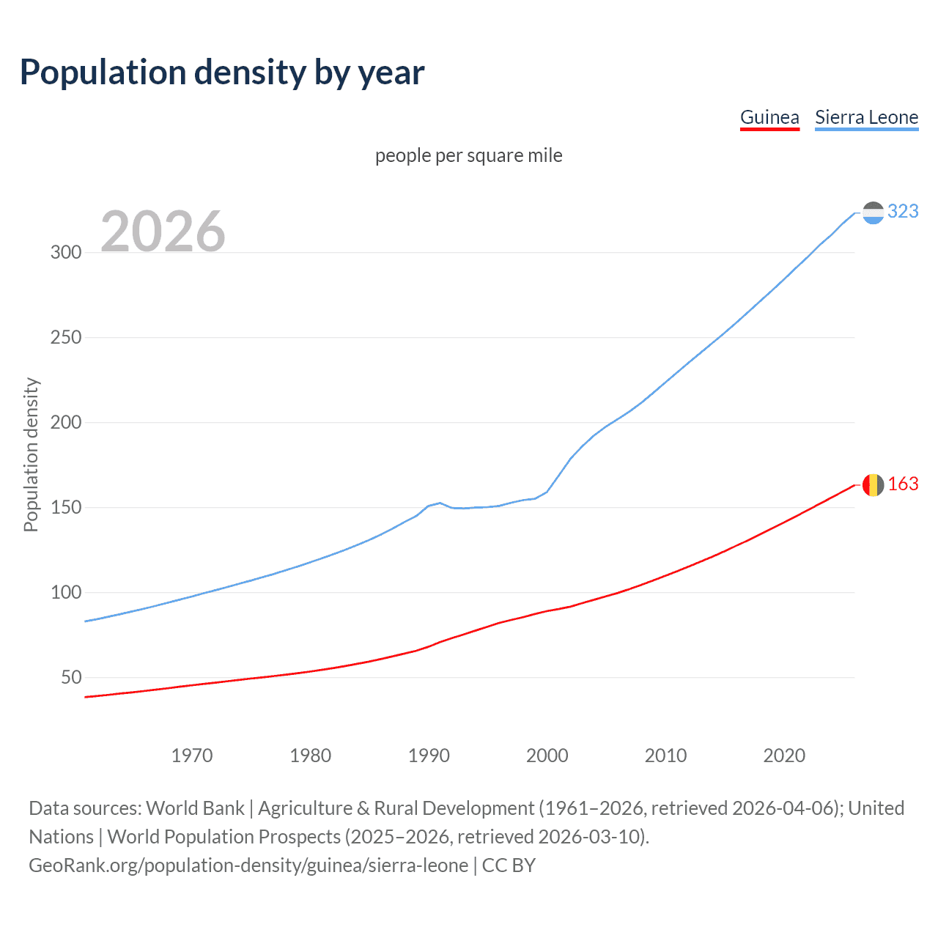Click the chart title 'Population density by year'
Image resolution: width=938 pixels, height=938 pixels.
click(x=222, y=73)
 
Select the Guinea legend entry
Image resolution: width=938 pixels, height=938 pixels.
click(x=769, y=117)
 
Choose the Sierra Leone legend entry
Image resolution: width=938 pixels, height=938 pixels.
click(x=866, y=117)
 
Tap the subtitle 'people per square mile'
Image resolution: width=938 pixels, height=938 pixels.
click(x=469, y=156)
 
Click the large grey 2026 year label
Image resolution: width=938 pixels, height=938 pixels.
click(x=163, y=232)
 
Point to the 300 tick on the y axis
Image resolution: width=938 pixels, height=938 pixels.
click(x=66, y=253)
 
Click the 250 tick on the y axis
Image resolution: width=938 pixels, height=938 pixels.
click(x=66, y=338)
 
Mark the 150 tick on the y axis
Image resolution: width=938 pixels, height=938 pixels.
click(x=66, y=508)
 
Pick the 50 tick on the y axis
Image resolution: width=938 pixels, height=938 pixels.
click(x=71, y=678)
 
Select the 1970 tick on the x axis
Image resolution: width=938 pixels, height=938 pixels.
click(x=192, y=756)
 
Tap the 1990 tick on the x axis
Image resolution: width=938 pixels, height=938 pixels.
click(x=429, y=756)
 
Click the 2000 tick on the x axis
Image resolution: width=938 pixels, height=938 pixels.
click(x=547, y=756)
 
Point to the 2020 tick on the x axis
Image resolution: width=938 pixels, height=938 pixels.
click(x=784, y=756)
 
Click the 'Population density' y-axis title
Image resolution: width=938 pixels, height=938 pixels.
click(x=31, y=454)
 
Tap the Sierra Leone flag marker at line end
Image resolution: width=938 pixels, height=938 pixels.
click(x=873, y=213)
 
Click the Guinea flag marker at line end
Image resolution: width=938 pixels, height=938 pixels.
click(x=873, y=485)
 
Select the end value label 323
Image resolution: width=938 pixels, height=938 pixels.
click(x=903, y=212)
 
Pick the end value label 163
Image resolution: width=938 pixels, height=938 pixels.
click(x=903, y=484)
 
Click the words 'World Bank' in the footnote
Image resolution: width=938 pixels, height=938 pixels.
click(x=195, y=808)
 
